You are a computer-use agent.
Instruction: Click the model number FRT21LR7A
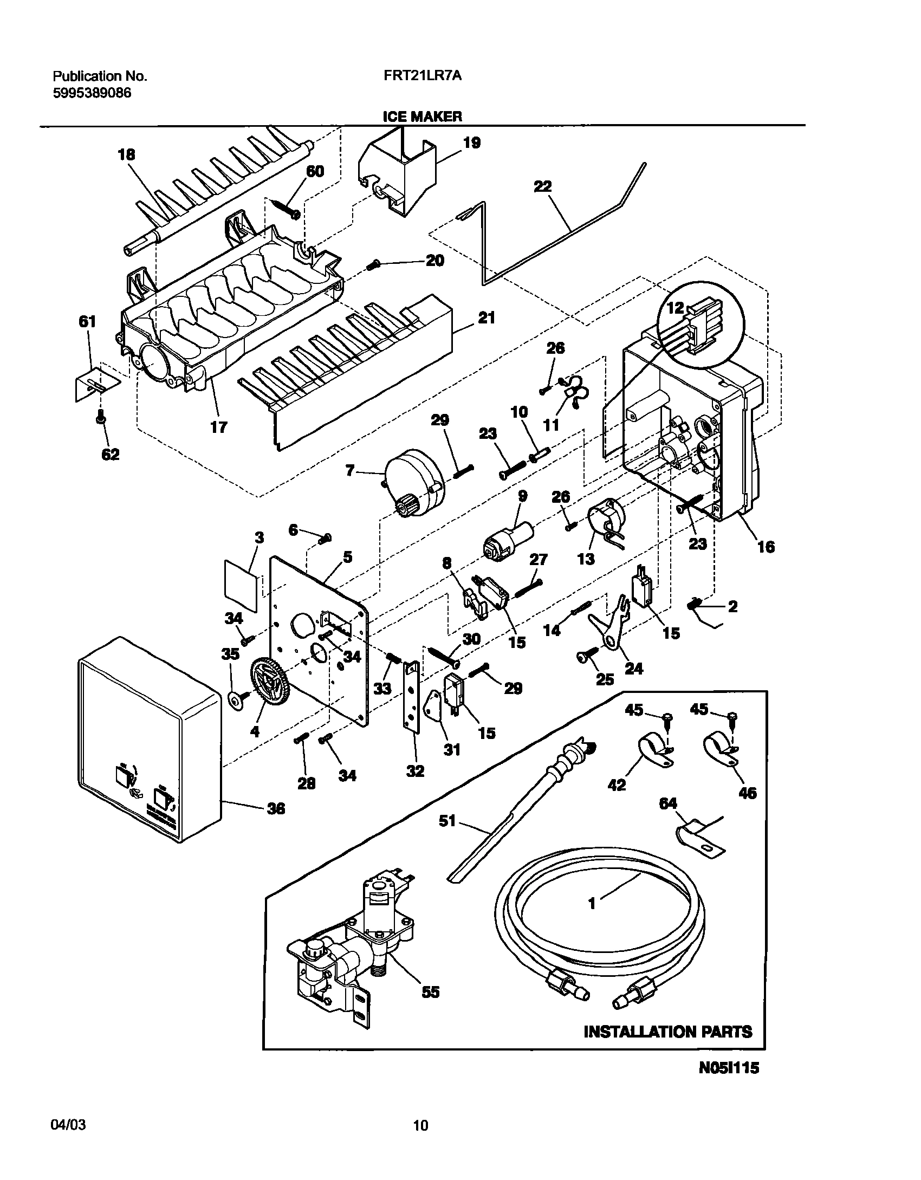tap(423, 76)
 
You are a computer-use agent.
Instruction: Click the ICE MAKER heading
tap(422, 116)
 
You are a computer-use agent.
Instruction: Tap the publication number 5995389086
tap(92, 93)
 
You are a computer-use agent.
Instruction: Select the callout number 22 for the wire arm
tap(542, 187)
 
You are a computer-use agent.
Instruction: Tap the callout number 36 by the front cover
tap(276, 809)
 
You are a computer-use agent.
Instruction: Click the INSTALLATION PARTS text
tap(667, 1032)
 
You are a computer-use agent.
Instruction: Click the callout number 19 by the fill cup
tap(472, 143)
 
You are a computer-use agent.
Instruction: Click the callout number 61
tap(87, 322)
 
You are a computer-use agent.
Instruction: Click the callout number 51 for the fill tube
tap(447, 821)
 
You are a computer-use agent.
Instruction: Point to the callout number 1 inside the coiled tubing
tap(592, 903)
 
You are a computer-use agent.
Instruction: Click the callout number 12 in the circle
tap(675, 308)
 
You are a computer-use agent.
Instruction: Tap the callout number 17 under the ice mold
tap(219, 427)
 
